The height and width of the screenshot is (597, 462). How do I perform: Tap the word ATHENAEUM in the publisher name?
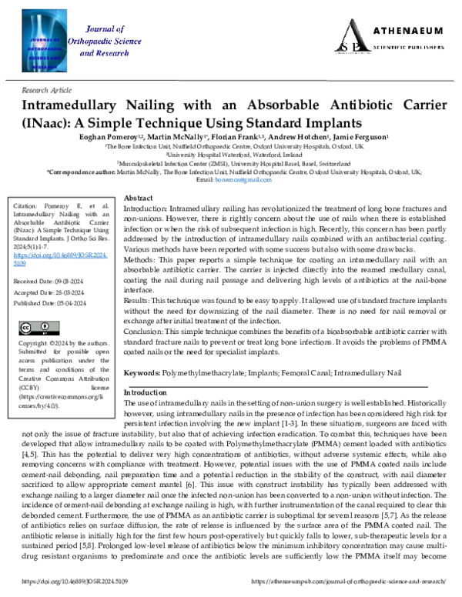408,32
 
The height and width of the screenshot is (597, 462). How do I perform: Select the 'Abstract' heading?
139,198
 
